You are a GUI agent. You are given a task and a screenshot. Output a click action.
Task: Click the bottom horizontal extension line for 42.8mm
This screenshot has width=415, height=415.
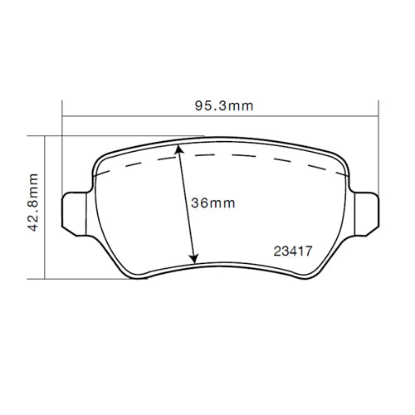83,277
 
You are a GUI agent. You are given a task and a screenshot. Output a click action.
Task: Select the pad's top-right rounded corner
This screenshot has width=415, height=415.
340,157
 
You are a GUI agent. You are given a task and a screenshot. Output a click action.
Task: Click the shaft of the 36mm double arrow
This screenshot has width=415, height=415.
188,203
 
